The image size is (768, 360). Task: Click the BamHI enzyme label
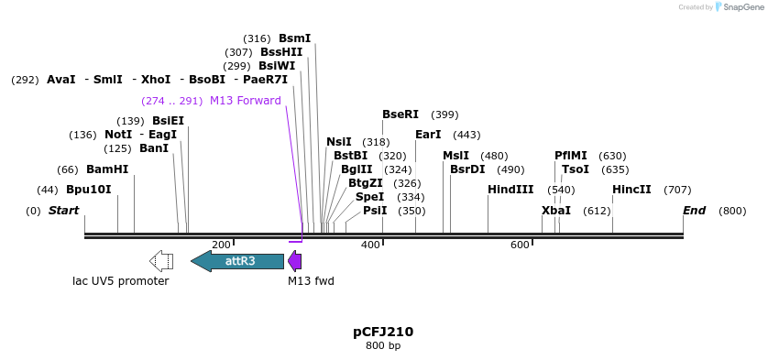pos(107,169)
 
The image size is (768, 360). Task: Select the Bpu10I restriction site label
pos(88,190)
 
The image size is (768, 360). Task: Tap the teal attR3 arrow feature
pos(237,261)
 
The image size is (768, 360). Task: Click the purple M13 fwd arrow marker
pos(294,261)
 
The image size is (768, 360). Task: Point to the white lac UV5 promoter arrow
pos(161,261)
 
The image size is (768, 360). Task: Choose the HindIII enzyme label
pos(510,190)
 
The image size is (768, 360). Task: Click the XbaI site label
pos(556,211)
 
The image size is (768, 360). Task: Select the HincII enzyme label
pos(631,190)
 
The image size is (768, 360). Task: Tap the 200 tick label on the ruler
pos(221,245)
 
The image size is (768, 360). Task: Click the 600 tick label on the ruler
pos(520,245)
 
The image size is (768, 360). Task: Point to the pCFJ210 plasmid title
pos(383,332)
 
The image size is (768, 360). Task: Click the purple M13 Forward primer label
pos(245,101)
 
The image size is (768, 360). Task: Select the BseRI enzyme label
pos(400,115)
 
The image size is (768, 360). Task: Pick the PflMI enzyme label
pos(571,156)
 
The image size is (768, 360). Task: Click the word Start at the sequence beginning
pos(63,211)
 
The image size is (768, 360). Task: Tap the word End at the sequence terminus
pos(694,211)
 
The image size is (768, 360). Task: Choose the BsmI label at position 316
pos(295,38)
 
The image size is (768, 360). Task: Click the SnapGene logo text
pos(740,7)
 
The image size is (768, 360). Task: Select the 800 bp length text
pos(383,345)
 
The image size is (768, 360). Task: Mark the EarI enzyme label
pos(428,135)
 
